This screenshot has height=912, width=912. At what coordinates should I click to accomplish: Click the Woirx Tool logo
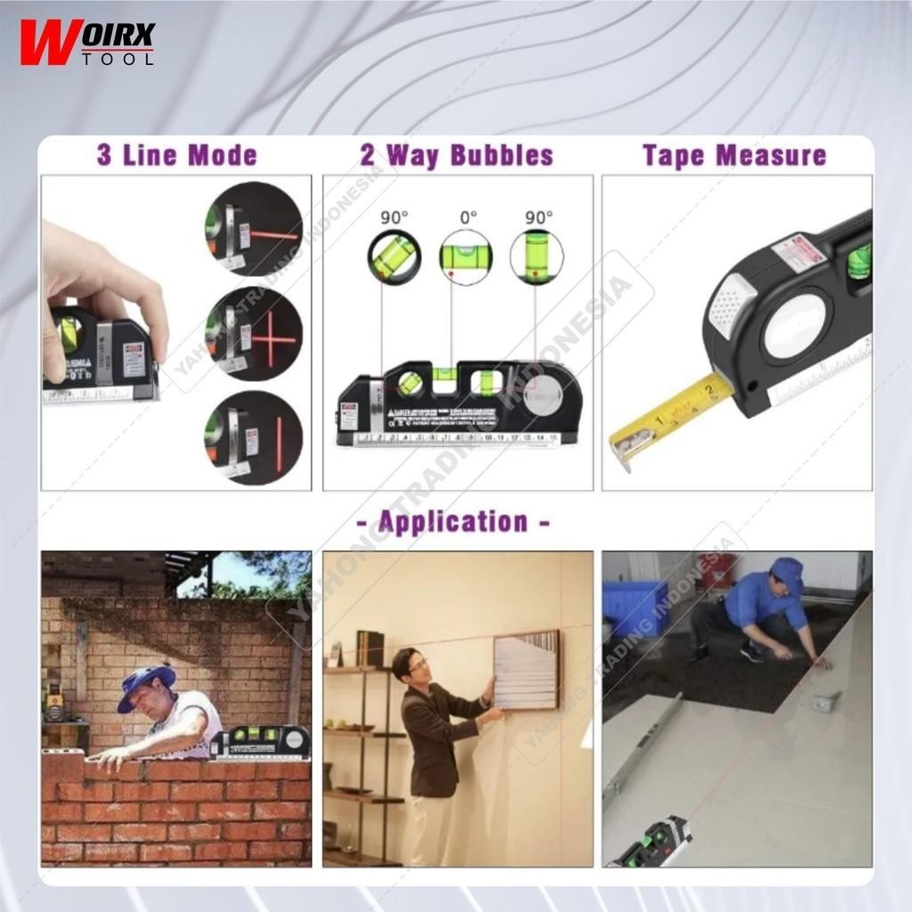click(87, 43)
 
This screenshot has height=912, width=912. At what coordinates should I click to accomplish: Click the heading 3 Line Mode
click(176, 155)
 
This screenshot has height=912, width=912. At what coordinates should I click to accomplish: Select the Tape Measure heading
click(735, 155)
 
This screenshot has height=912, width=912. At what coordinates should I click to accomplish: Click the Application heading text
click(453, 521)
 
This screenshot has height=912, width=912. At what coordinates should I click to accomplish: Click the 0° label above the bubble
click(468, 216)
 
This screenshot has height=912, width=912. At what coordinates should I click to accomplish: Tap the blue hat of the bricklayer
click(146, 686)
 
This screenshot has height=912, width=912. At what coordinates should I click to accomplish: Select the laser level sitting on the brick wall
click(260, 743)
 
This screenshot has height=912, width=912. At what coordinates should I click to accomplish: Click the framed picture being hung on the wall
click(526, 670)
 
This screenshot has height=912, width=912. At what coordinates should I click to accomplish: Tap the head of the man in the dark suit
click(408, 664)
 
